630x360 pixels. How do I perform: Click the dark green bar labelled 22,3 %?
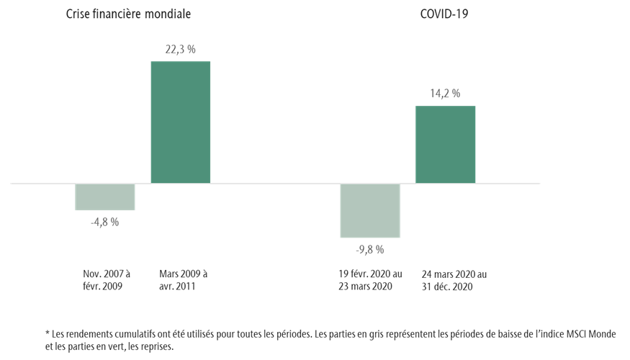tap(180, 122)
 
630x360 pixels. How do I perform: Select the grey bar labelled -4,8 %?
tap(105, 197)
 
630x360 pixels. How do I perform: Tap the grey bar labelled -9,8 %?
tap(370, 210)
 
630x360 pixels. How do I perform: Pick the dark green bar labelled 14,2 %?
tap(445, 145)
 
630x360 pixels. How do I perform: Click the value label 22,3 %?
tap(180, 49)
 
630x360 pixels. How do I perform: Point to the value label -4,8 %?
tap(105, 222)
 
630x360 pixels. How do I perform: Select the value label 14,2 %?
tap(445, 94)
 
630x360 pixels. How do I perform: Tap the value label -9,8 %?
tap(370, 250)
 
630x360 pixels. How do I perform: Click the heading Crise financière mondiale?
tap(128, 14)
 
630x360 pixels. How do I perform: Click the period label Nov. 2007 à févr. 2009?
tap(107, 280)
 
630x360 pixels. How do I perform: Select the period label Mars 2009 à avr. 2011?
tap(184, 280)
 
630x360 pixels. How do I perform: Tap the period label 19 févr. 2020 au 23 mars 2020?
tap(370, 280)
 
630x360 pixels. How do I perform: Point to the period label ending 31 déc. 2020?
tap(454, 280)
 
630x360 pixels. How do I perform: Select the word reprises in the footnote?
tap(156, 346)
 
